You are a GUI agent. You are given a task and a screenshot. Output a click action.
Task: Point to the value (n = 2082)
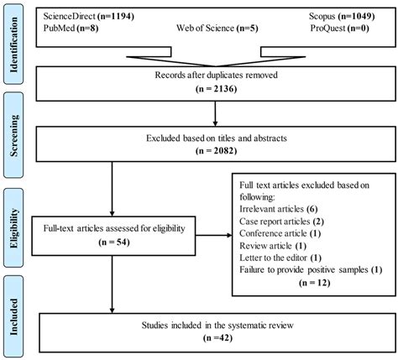point(212,150)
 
